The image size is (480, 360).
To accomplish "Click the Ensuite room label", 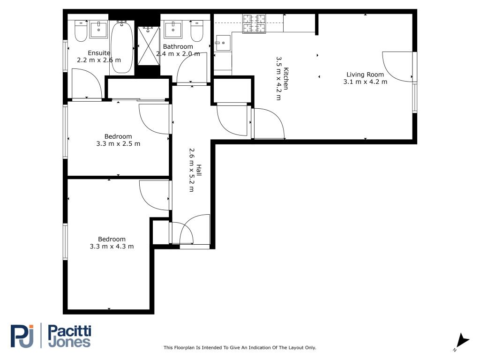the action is (99, 53).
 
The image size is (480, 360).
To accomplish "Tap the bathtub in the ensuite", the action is (122, 47).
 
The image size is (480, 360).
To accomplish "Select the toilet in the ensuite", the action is (81, 31).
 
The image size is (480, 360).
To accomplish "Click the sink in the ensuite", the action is (98, 30).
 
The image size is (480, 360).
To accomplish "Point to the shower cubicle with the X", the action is (149, 46).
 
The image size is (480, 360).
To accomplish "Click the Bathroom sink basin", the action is (173, 30).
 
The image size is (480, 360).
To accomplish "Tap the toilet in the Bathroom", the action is (197, 31).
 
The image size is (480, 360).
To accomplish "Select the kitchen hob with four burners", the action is (254, 23).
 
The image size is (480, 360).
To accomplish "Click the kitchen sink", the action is (223, 43).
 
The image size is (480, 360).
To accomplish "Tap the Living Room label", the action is (365, 75).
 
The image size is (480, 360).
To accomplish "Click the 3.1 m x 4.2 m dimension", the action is (365, 82).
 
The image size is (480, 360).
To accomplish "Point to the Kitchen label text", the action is (286, 79).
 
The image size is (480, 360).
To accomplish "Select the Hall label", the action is (199, 170).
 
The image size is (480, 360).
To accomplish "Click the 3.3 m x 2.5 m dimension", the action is (118, 143).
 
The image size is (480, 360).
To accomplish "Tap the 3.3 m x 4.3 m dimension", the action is (112, 247).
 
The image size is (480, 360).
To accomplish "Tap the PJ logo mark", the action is (22, 336).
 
